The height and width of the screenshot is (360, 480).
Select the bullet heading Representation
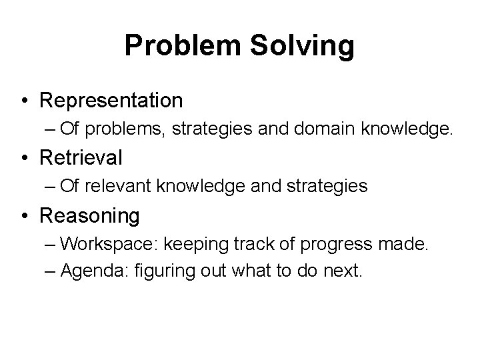click(x=111, y=101)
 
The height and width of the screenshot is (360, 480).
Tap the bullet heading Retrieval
click(x=81, y=158)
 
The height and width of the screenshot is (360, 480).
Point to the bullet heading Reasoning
click(x=90, y=216)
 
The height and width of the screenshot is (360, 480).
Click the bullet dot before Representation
click(x=24, y=101)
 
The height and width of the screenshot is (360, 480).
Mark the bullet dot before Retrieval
click(x=24, y=159)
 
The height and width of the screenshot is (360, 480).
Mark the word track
click(x=253, y=244)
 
